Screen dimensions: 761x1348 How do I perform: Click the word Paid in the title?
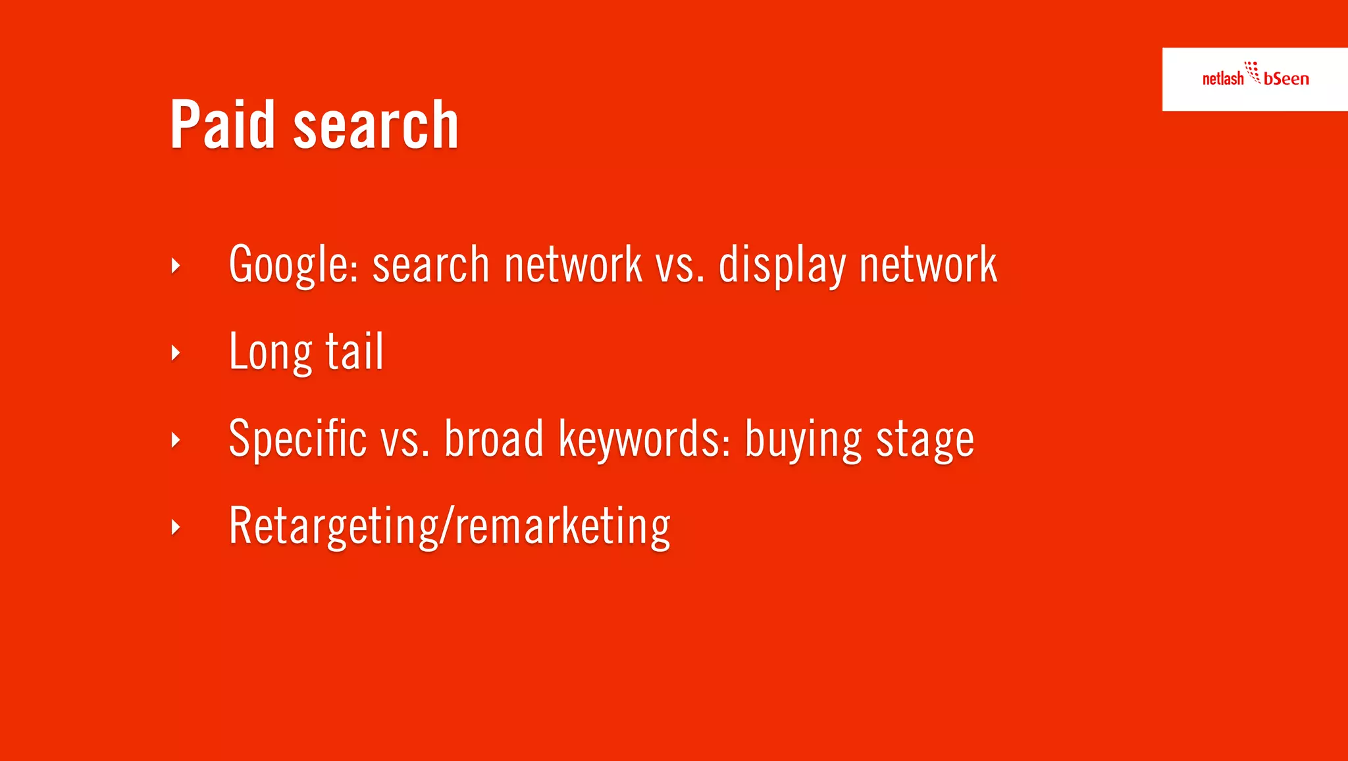click(222, 124)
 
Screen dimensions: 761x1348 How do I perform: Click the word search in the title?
click(375, 126)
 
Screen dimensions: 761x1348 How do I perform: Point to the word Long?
click(270, 353)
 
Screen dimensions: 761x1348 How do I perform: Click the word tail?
click(354, 351)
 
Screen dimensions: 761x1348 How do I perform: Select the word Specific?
click(298, 439)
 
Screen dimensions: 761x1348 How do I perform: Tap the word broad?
click(494, 439)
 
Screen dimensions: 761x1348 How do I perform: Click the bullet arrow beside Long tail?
click(175, 353)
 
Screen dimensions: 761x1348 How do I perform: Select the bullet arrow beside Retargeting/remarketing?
click(175, 527)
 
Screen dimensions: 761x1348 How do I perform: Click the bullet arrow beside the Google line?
click(175, 266)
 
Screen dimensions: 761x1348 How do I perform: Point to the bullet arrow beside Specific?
click(175, 439)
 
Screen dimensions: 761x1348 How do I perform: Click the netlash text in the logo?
click(1222, 79)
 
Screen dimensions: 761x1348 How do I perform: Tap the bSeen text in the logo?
click(1286, 79)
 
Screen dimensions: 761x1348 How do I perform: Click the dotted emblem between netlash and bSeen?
click(1253, 71)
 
